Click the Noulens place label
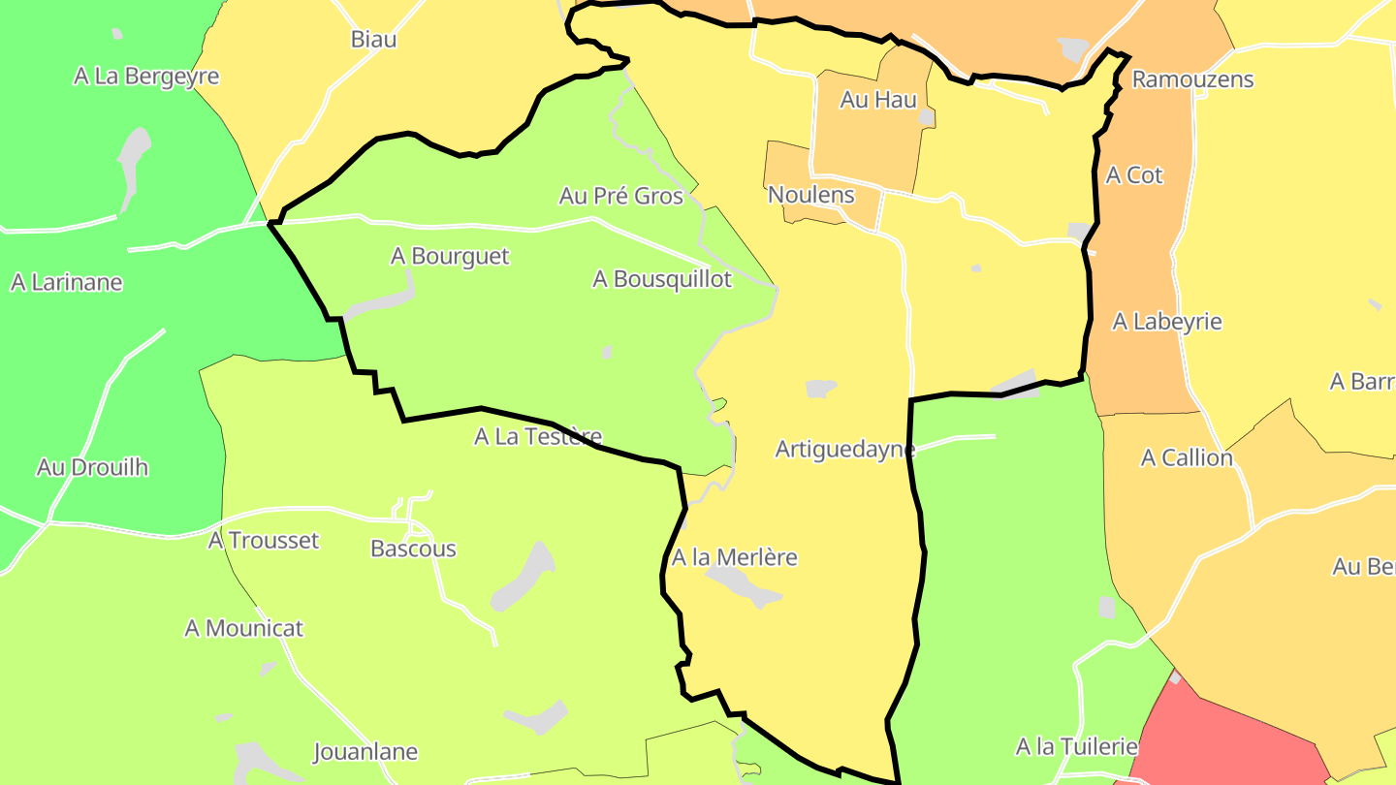coord(810,195)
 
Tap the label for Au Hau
coord(878,99)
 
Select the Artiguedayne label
coord(845,450)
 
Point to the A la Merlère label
coord(734,557)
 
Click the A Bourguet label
coord(450,256)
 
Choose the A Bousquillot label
coord(662,279)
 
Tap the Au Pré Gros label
coord(620,196)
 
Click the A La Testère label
coord(538,437)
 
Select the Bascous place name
coord(413,549)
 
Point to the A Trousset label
coord(264,540)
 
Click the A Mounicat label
coord(244,628)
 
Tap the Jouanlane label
coord(365,751)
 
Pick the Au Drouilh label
coord(92,467)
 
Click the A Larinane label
coord(67,282)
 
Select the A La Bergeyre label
coord(146,76)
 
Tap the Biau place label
coord(373,40)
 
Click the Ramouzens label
coord(1192,79)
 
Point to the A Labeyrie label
coord(1166,322)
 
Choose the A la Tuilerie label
coord(1076,747)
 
